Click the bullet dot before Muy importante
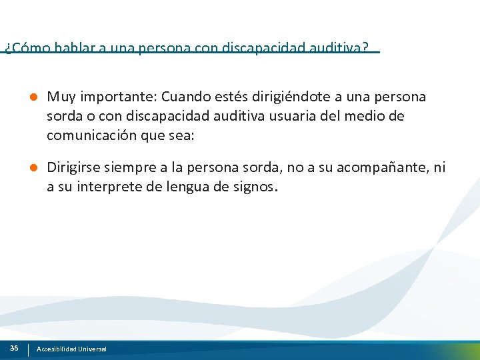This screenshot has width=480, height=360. click(32, 97)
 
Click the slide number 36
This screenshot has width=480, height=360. click(14, 349)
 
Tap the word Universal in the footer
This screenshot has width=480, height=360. click(92, 349)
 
